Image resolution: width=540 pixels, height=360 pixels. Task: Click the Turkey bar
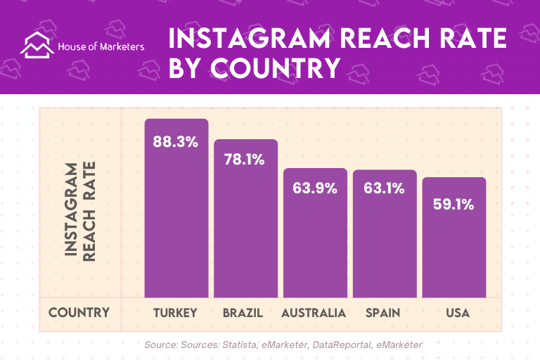pos(176,208)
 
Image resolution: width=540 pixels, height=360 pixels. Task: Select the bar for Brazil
pos(245,219)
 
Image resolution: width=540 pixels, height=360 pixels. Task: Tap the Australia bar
pos(315,233)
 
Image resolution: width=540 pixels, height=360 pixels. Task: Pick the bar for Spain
pos(385,233)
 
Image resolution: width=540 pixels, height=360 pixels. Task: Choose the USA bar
pos(454,238)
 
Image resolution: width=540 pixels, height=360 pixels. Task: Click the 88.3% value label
pos(176,141)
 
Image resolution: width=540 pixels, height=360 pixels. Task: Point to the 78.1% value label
pos(244,160)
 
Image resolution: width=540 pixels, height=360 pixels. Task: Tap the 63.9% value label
pos(315,188)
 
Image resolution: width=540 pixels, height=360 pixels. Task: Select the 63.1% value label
pos(384,188)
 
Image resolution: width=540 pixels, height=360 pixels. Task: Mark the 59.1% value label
pos(454,205)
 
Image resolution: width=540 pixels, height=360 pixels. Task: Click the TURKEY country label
pos(175,313)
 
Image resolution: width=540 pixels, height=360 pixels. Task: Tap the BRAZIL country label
pos(243,313)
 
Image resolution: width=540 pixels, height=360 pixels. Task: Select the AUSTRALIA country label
pos(314,313)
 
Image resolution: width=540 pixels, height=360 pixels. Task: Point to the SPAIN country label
pos(383,313)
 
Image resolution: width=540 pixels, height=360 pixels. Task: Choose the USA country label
pos(458,313)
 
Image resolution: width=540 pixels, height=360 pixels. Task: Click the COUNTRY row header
pos(79,312)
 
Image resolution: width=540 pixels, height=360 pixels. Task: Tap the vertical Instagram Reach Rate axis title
pos(80,212)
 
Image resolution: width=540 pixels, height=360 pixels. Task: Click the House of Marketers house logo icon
pos(37,45)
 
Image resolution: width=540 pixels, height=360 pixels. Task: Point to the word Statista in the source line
pos(240,345)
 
